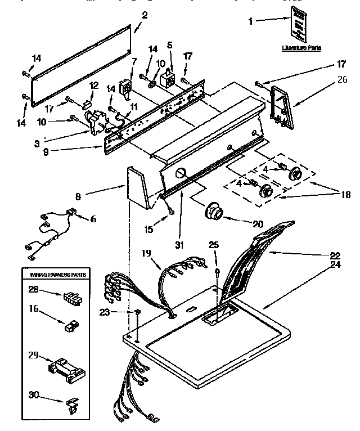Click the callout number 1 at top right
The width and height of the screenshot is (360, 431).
(x=251, y=22)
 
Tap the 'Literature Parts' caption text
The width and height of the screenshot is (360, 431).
(x=301, y=49)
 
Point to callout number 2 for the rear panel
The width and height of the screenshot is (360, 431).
(x=145, y=15)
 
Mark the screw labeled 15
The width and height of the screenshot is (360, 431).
(x=170, y=211)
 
